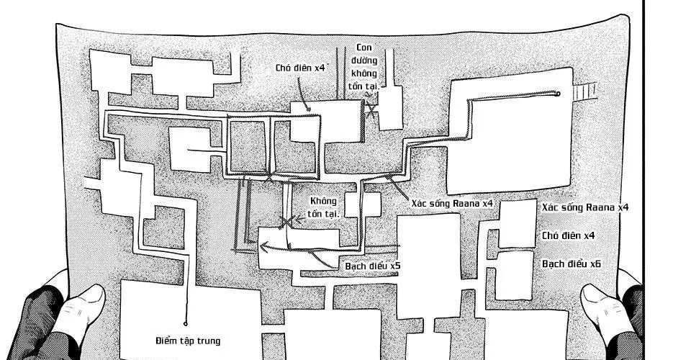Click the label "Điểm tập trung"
pos(187,341)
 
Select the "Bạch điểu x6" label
pos(571,264)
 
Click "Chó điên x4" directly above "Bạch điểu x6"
pos(569,235)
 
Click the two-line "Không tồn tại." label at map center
pos(323,207)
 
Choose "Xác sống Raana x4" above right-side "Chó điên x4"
pos(586,207)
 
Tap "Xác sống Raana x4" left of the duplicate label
pos(452,204)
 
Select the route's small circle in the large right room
pos(558,94)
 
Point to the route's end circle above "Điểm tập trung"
pos(186,323)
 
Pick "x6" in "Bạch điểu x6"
pos(595,264)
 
